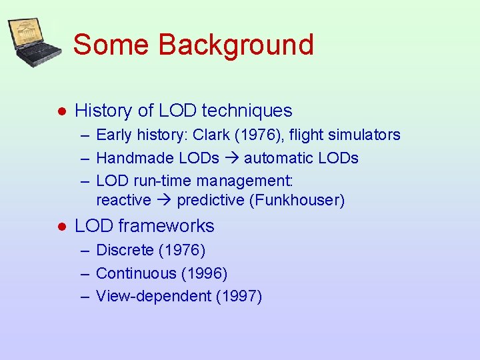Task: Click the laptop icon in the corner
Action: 34,42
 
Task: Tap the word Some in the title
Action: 112,45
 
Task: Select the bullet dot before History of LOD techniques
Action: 61,111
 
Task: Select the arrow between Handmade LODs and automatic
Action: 233,159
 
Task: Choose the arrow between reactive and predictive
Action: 164,201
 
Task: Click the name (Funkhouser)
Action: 297,201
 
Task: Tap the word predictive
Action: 210,201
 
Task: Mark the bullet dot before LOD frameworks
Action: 61,227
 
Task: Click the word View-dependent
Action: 153,297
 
